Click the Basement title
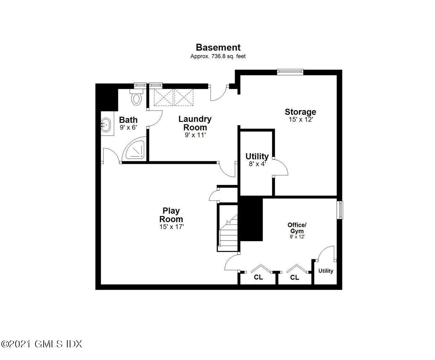click(x=218, y=47)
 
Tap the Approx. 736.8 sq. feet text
click(x=218, y=56)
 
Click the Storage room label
click(x=300, y=112)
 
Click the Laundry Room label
click(x=195, y=123)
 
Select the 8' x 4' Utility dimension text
click(x=257, y=164)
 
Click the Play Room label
click(x=171, y=215)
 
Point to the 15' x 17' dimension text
click(x=172, y=227)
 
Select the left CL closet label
click(x=258, y=277)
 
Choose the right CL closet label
click(x=294, y=277)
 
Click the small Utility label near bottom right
click(x=325, y=271)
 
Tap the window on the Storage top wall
click(x=290, y=72)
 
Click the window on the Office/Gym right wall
click(x=340, y=210)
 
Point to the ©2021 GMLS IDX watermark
click(x=41, y=344)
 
